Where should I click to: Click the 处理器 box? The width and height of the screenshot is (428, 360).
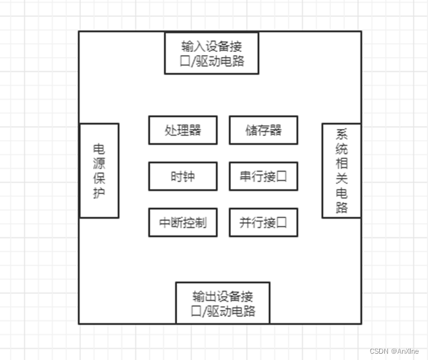[x=183, y=130]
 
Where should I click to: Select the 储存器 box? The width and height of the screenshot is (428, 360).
[x=263, y=130]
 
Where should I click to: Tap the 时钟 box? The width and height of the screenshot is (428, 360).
[x=183, y=177]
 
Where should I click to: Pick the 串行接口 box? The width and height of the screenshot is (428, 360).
[x=263, y=177]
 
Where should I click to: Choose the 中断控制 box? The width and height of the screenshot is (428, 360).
[x=183, y=222]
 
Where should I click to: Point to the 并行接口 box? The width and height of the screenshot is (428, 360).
[x=263, y=222]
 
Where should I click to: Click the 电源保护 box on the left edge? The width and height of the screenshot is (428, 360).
[x=99, y=171]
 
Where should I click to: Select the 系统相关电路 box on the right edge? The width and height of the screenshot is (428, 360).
[x=341, y=171]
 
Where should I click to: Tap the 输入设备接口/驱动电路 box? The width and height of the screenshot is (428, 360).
[x=211, y=54]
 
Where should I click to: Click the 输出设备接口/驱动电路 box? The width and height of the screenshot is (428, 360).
[x=223, y=303]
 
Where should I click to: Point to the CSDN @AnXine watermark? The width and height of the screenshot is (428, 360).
[x=396, y=351]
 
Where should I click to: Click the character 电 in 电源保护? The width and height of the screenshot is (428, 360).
[x=99, y=149]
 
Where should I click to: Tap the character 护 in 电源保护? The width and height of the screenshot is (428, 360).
[x=99, y=193]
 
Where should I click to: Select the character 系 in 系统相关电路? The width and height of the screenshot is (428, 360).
[x=342, y=135]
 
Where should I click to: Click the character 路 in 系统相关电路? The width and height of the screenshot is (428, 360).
[x=342, y=208]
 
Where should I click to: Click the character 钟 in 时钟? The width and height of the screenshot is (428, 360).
[x=189, y=177]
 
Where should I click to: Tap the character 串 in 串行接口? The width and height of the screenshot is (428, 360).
[x=245, y=177]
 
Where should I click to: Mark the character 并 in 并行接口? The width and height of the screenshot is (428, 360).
[x=245, y=222]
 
